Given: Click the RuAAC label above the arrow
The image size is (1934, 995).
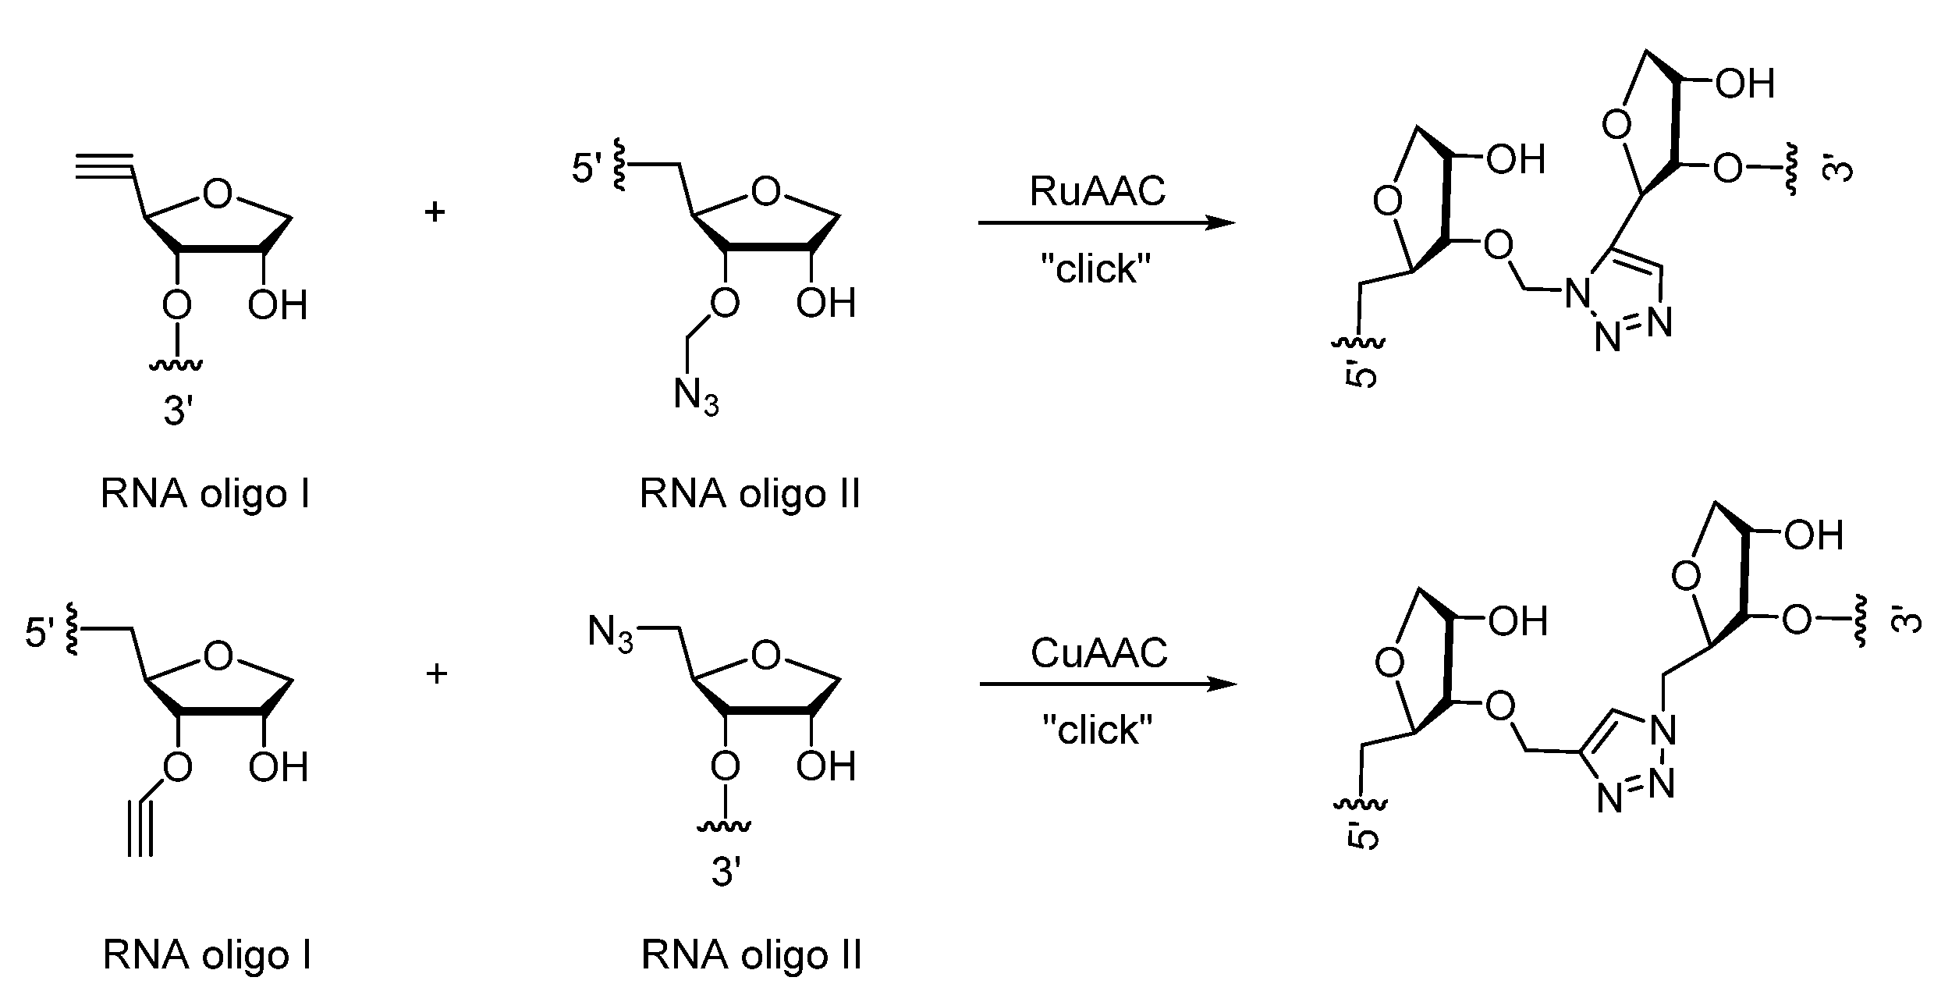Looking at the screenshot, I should (x=1097, y=192).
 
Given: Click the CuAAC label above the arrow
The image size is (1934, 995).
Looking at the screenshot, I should (x=1098, y=653).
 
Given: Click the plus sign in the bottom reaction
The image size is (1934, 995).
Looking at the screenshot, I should (x=436, y=673).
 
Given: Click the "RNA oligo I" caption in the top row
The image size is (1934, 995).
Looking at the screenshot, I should (x=205, y=494).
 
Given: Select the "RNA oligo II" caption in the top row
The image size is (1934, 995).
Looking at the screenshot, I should (x=750, y=494).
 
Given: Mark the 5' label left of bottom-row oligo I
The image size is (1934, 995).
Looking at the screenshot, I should (x=41, y=634).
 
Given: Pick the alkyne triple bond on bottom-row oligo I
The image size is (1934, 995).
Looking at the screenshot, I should (x=141, y=827).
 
